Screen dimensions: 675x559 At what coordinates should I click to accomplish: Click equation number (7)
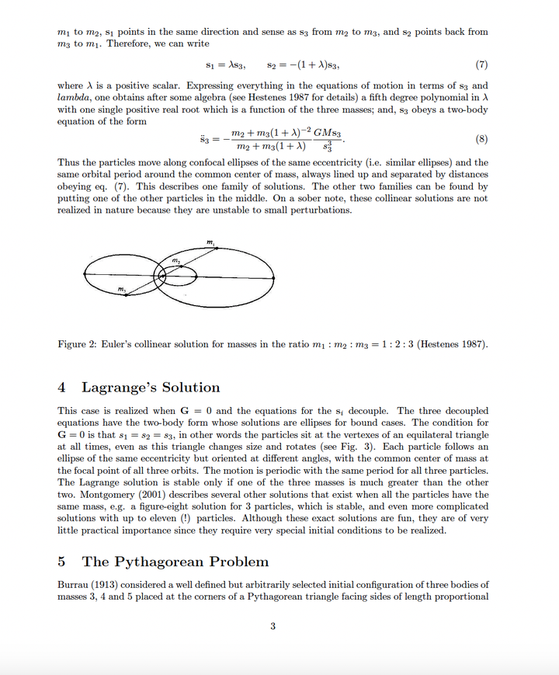(481, 64)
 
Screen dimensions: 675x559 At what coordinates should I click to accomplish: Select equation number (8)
(481, 141)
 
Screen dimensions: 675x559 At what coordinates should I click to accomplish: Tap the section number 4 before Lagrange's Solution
(62, 388)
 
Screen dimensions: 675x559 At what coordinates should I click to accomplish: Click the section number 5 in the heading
(62, 562)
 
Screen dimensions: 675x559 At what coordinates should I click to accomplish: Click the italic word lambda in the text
(75, 97)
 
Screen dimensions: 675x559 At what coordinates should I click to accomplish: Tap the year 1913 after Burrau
(110, 584)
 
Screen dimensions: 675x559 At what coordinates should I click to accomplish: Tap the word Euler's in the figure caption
(127, 344)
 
